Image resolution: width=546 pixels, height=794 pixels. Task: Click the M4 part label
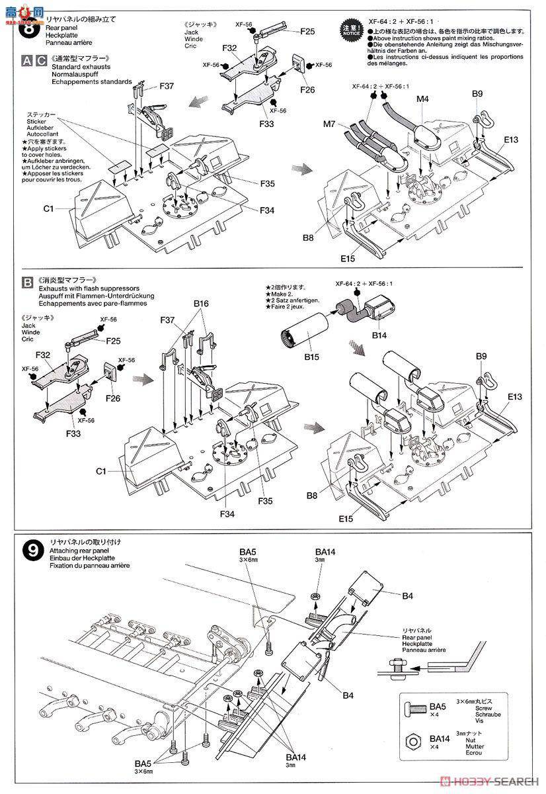tap(423, 99)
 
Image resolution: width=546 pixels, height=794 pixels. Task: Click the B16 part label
tap(202, 304)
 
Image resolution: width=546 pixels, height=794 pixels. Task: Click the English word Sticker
tap(38, 121)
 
